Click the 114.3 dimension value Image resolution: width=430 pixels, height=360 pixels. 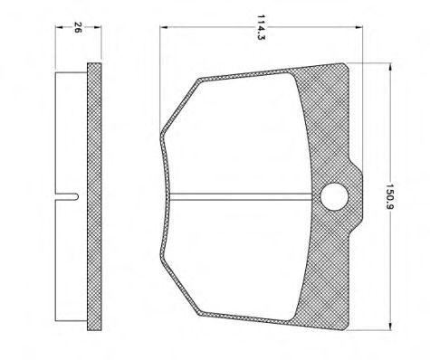point(261,27)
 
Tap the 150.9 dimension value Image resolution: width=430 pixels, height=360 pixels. point(390,197)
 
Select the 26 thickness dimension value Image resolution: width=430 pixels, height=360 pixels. point(78,27)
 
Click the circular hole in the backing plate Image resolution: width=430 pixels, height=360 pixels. point(335,197)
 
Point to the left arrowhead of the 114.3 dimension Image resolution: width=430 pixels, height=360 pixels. point(164,27)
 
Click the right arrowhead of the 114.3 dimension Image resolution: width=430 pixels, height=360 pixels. point(358,27)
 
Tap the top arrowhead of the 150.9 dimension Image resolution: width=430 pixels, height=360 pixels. point(391,67)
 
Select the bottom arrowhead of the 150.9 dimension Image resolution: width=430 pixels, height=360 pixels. point(391,327)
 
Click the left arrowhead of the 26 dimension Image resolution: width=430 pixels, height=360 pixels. point(59,27)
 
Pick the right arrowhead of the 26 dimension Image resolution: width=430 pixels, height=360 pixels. point(98,27)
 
